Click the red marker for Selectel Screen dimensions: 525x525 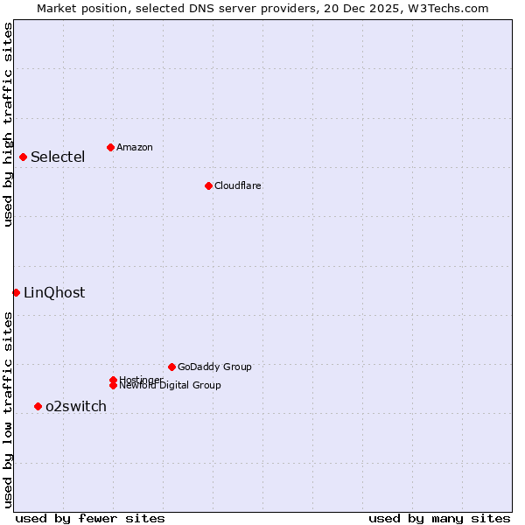(24, 157)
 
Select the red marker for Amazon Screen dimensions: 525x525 (110, 147)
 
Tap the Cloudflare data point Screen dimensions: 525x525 (208, 185)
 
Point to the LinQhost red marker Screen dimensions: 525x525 (16, 292)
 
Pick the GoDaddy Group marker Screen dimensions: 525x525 (171, 367)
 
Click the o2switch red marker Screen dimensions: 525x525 (38, 406)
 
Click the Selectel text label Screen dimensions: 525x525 (58, 157)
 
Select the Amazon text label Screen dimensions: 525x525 (134, 147)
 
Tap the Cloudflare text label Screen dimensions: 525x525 (237, 185)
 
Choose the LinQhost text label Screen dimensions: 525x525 (54, 293)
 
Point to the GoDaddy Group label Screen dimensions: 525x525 (214, 367)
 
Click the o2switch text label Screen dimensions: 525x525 (76, 406)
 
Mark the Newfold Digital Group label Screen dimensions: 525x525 (170, 385)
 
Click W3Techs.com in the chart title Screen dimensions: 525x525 (444, 8)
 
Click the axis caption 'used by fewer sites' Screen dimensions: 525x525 (90, 518)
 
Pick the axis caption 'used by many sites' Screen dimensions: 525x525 (439, 518)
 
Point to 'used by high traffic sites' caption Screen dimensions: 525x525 (8, 124)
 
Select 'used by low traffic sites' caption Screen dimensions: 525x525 (8, 409)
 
